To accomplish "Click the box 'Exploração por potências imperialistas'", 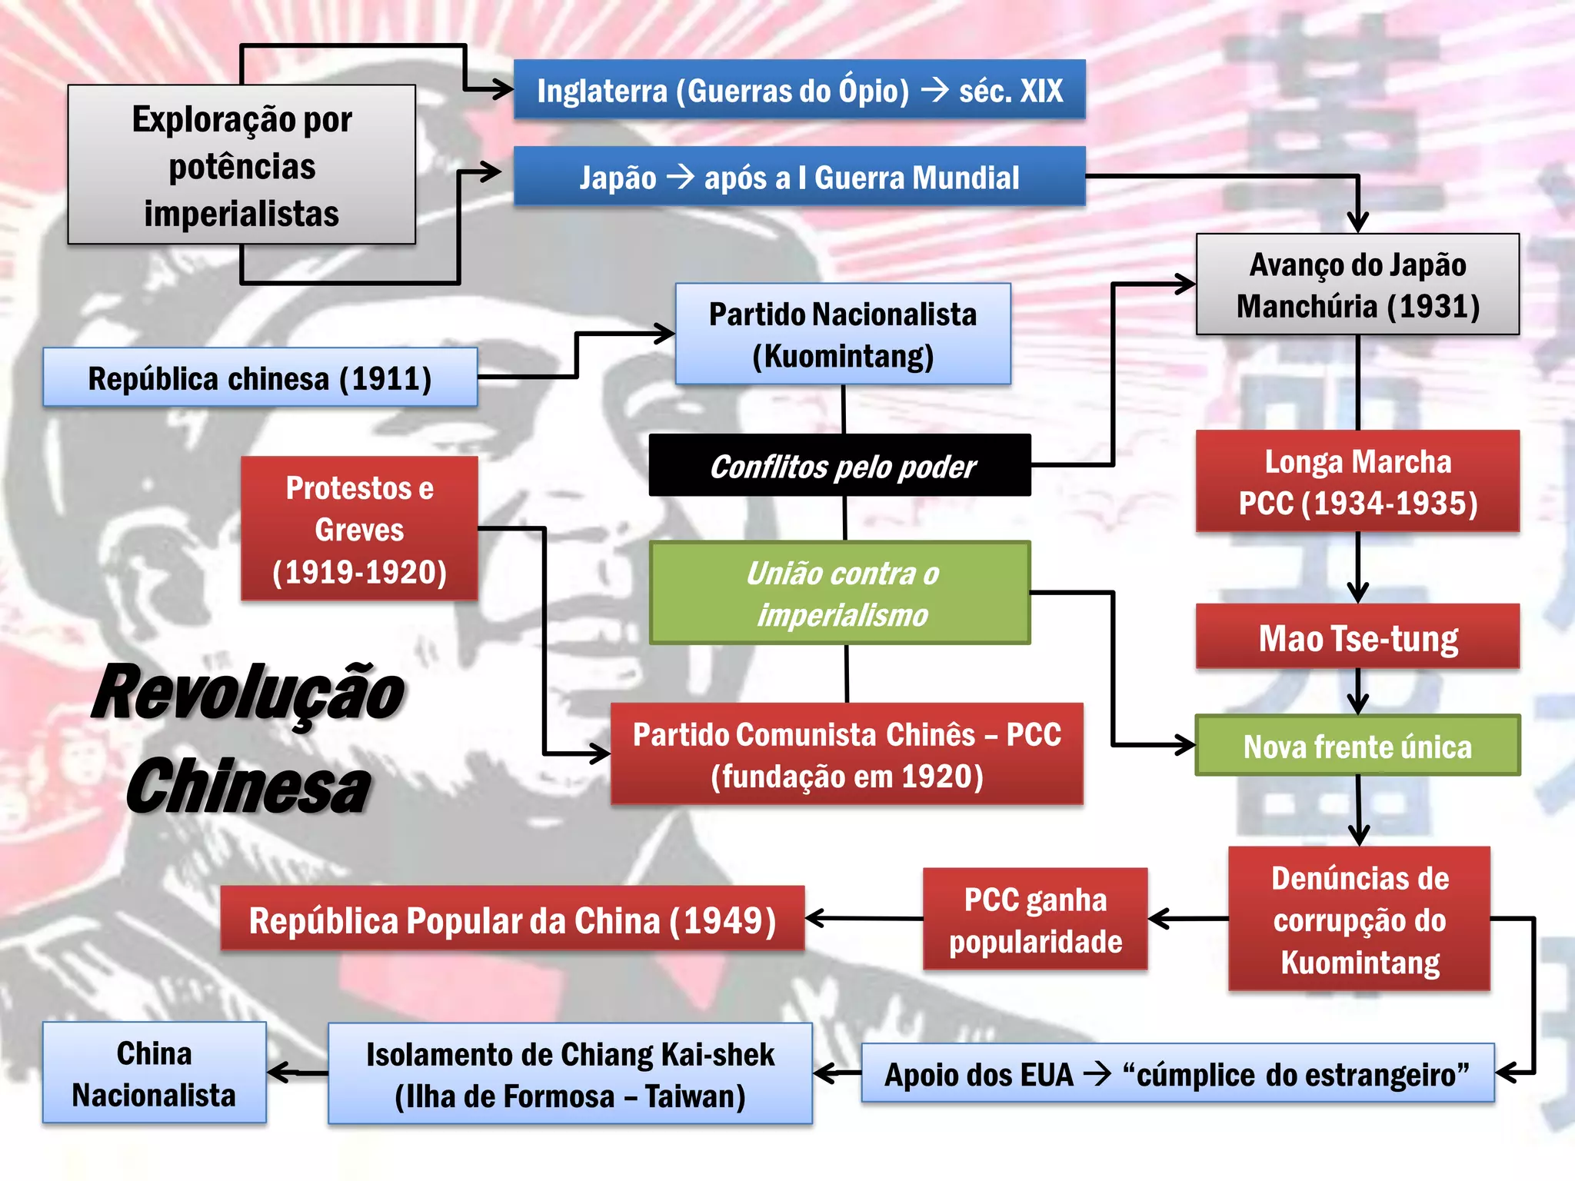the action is point(241,165).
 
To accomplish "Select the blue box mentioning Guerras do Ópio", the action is point(799,90).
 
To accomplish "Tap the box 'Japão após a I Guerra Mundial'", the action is point(799,177).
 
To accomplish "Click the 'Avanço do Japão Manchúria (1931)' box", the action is point(1357,284).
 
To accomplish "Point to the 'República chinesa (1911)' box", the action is point(260,378).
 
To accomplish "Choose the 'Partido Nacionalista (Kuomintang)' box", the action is point(843,334).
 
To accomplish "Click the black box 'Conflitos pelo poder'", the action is point(840,466).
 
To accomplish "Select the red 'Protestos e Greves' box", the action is point(359,529).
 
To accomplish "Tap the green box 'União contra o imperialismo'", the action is point(840,593).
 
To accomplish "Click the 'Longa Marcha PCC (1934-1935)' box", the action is point(1357,481).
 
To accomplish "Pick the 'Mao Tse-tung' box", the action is point(1357,637).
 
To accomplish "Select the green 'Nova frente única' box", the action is point(1357,746).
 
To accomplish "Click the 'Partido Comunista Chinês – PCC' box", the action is point(847,754).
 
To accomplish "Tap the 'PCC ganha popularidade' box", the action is point(1035,920).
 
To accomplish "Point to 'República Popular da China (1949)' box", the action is point(512,920).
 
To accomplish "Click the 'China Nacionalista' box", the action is point(155,1073).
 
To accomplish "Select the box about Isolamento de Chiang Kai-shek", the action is point(570,1074).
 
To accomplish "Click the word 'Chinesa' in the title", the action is point(248,787).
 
